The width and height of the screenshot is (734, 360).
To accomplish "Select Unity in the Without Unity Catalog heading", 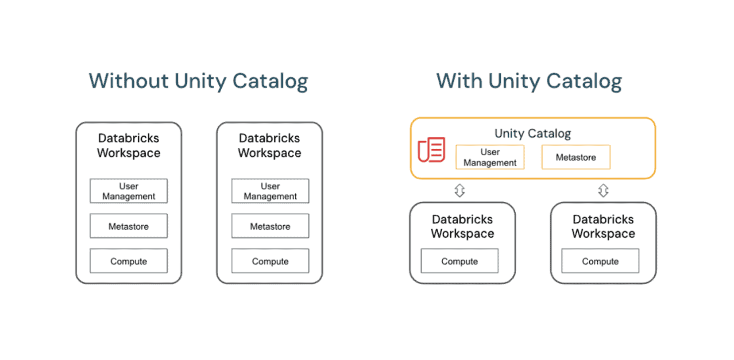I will pyautogui.click(x=200, y=81).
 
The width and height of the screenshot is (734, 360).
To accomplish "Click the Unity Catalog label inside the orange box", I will pyautogui.click(x=532, y=133).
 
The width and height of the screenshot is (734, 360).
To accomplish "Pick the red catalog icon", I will pyautogui.click(x=432, y=150).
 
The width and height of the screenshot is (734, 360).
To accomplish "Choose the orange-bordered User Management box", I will pyautogui.click(x=490, y=157).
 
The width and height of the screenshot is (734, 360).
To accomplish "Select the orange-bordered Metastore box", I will pyautogui.click(x=575, y=157).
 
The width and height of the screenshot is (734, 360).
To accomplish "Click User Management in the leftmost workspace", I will pyautogui.click(x=129, y=191).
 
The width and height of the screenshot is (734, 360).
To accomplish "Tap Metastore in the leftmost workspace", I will pyautogui.click(x=129, y=226).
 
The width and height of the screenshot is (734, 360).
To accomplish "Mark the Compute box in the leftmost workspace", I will pyautogui.click(x=129, y=261).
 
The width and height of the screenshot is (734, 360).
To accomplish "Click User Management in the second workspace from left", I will pyautogui.click(x=270, y=191).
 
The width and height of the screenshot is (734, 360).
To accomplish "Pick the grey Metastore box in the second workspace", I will pyautogui.click(x=270, y=226).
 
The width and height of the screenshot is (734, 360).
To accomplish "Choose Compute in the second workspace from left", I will pyautogui.click(x=270, y=261).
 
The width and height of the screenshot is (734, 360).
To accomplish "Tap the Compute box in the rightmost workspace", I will pyautogui.click(x=600, y=261).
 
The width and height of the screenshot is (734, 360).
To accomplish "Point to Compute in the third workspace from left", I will pyautogui.click(x=459, y=261).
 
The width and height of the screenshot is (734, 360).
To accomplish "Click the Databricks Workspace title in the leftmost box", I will pyautogui.click(x=129, y=145).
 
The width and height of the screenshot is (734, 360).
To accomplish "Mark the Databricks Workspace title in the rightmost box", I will pyautogui.click(x=603, y=226).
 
